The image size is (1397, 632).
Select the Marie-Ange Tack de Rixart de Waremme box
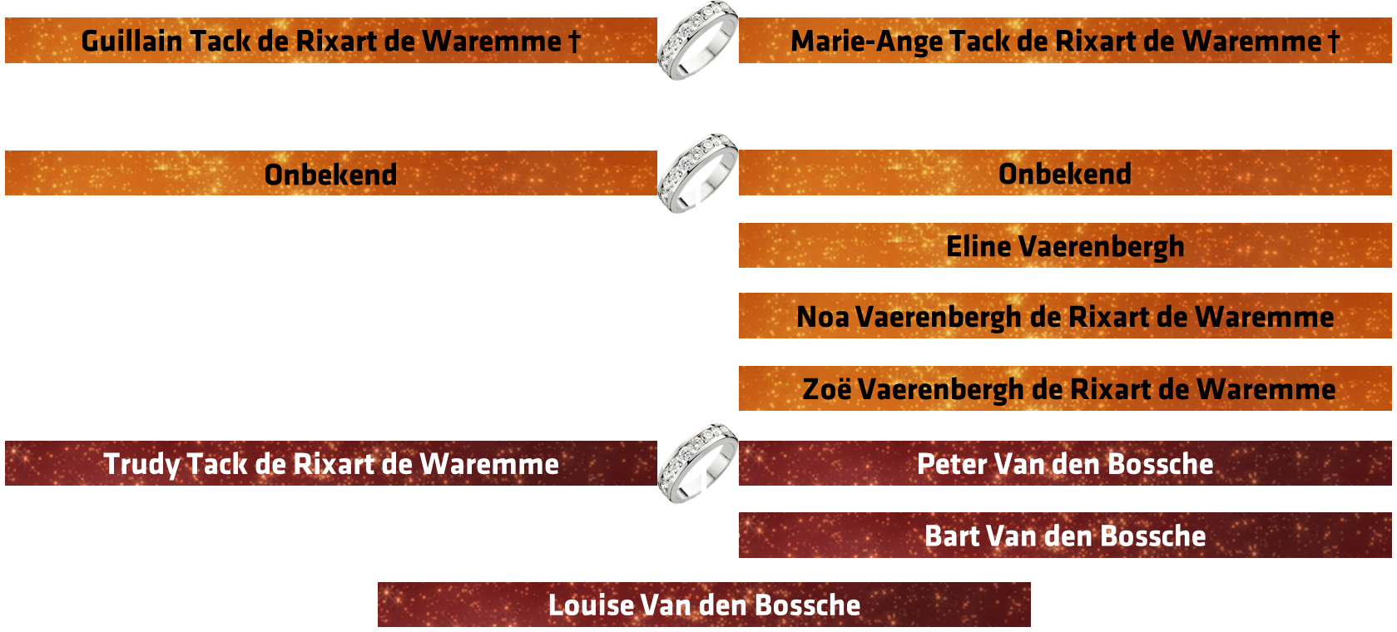[x=1065, y=41]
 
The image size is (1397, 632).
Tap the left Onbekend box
[x=330, y=173]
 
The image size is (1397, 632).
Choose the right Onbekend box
[x=1065, y=173]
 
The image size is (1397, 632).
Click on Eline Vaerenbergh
[x=1065, y=245]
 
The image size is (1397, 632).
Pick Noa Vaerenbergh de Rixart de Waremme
[x=1065, y=316]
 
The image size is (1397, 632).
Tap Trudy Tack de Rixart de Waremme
[x=330, y=463]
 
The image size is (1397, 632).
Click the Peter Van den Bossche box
[x=1065, y=463]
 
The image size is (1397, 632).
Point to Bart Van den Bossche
[x=1065, y=536]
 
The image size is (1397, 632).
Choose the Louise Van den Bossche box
[x=704, y=605]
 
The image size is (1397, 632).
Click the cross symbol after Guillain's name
[x=574, y=42]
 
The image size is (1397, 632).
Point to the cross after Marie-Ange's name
[x=1334, y=42]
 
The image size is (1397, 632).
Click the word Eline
[x=978, y=245]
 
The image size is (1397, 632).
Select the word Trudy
[x=141, y=465]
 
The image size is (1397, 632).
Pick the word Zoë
[x=826, y=389]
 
